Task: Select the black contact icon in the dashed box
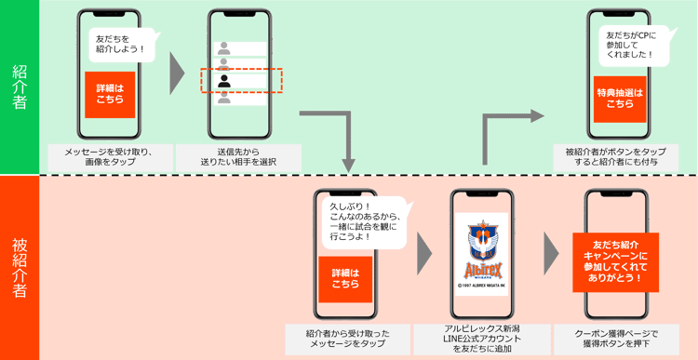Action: tap(224, 80)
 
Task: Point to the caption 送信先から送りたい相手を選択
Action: tap(237, 157)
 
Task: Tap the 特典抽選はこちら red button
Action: tap(620, 97)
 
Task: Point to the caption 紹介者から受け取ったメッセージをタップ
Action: tap(347, 339)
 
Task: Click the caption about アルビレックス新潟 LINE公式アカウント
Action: tap(483, 339)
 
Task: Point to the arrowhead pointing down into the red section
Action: tap(349, 164)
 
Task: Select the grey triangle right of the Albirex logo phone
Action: tap(550, 250)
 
